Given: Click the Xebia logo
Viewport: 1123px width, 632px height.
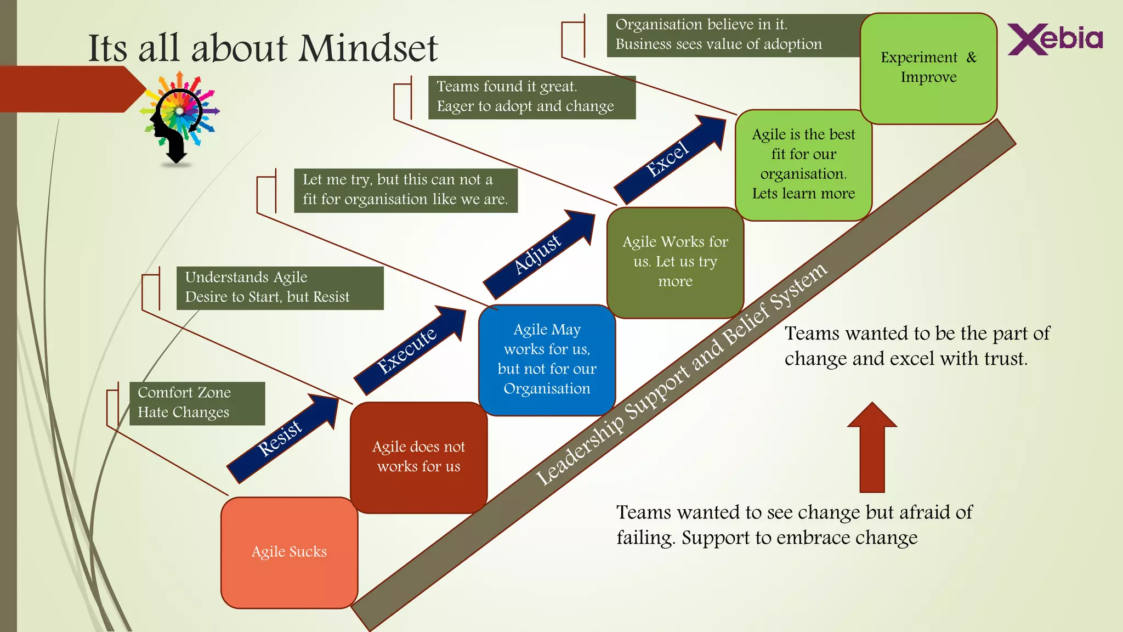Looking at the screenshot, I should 1055,39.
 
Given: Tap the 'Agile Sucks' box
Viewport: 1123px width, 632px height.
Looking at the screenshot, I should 289,552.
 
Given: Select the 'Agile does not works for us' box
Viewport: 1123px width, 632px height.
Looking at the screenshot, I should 418,457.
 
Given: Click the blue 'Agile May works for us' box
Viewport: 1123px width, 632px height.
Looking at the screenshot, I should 547,359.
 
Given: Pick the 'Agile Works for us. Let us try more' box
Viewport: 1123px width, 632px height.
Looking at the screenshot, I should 675,262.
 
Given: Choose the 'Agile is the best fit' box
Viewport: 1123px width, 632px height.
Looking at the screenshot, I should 803,164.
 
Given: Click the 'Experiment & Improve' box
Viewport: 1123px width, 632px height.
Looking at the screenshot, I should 928,67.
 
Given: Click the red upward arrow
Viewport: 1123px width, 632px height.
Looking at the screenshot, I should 872,447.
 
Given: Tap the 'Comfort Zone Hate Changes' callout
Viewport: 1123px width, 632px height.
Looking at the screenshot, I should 197,403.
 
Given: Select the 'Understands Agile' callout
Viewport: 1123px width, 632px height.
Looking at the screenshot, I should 280,287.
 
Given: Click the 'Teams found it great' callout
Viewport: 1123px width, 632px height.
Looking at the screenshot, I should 531,97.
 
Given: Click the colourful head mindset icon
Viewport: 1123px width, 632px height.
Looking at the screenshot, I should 179,118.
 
